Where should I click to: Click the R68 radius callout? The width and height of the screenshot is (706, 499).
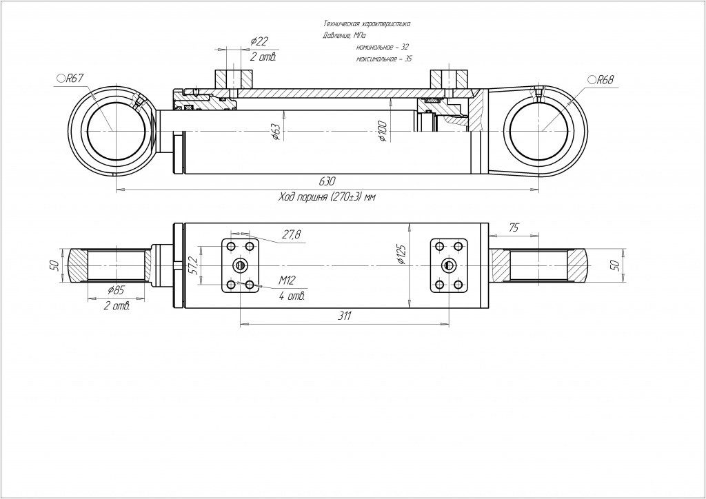(x=601, y=80)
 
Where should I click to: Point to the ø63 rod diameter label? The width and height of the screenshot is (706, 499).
(x=274, y=132)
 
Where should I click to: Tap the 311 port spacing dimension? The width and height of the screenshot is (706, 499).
(x=345, y=316)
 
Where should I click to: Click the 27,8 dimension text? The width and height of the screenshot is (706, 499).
(x=291, y=235)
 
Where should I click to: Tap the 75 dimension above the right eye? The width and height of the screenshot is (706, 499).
(x=514, y=227)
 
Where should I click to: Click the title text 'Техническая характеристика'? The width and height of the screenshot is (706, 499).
(x=366, y=23)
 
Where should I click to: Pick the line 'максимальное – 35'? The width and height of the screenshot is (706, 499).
(x=384, y=60)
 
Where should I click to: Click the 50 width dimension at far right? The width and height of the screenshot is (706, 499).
(x=615, y=265)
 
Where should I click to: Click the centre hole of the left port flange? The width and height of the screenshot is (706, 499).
(x=240, y=265)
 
